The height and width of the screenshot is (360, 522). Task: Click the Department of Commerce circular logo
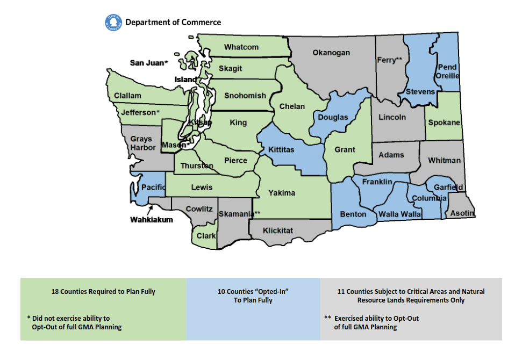tap(113, 22)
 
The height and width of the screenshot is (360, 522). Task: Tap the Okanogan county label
tap(331, 53)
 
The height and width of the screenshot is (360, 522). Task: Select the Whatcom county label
tap(241, 47)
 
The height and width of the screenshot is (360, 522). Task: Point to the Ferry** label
tap(390, 60)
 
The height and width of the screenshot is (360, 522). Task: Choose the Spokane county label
tap(444, 123)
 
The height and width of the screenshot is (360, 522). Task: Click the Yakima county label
tap(282, 193)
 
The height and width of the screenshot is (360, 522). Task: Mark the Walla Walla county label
tap(399, 214)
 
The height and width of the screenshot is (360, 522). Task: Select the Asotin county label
tap(462, 213)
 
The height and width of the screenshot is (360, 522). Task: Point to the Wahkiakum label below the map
tap(152, 220)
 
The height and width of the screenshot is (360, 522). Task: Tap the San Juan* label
tap(149, 63)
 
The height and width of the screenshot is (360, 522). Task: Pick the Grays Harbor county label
tap(143, 143)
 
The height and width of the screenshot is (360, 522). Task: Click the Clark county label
tap(206, 235)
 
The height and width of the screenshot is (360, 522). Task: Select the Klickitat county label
tap(278, 231)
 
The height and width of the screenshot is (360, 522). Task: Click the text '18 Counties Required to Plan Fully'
tap(103, 292)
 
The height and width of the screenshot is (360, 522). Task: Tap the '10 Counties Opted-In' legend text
tap(253, 296)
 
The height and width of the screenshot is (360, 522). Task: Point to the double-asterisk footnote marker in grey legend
tap(327, 318)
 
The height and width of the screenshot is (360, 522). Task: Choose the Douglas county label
tap(333, 117)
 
